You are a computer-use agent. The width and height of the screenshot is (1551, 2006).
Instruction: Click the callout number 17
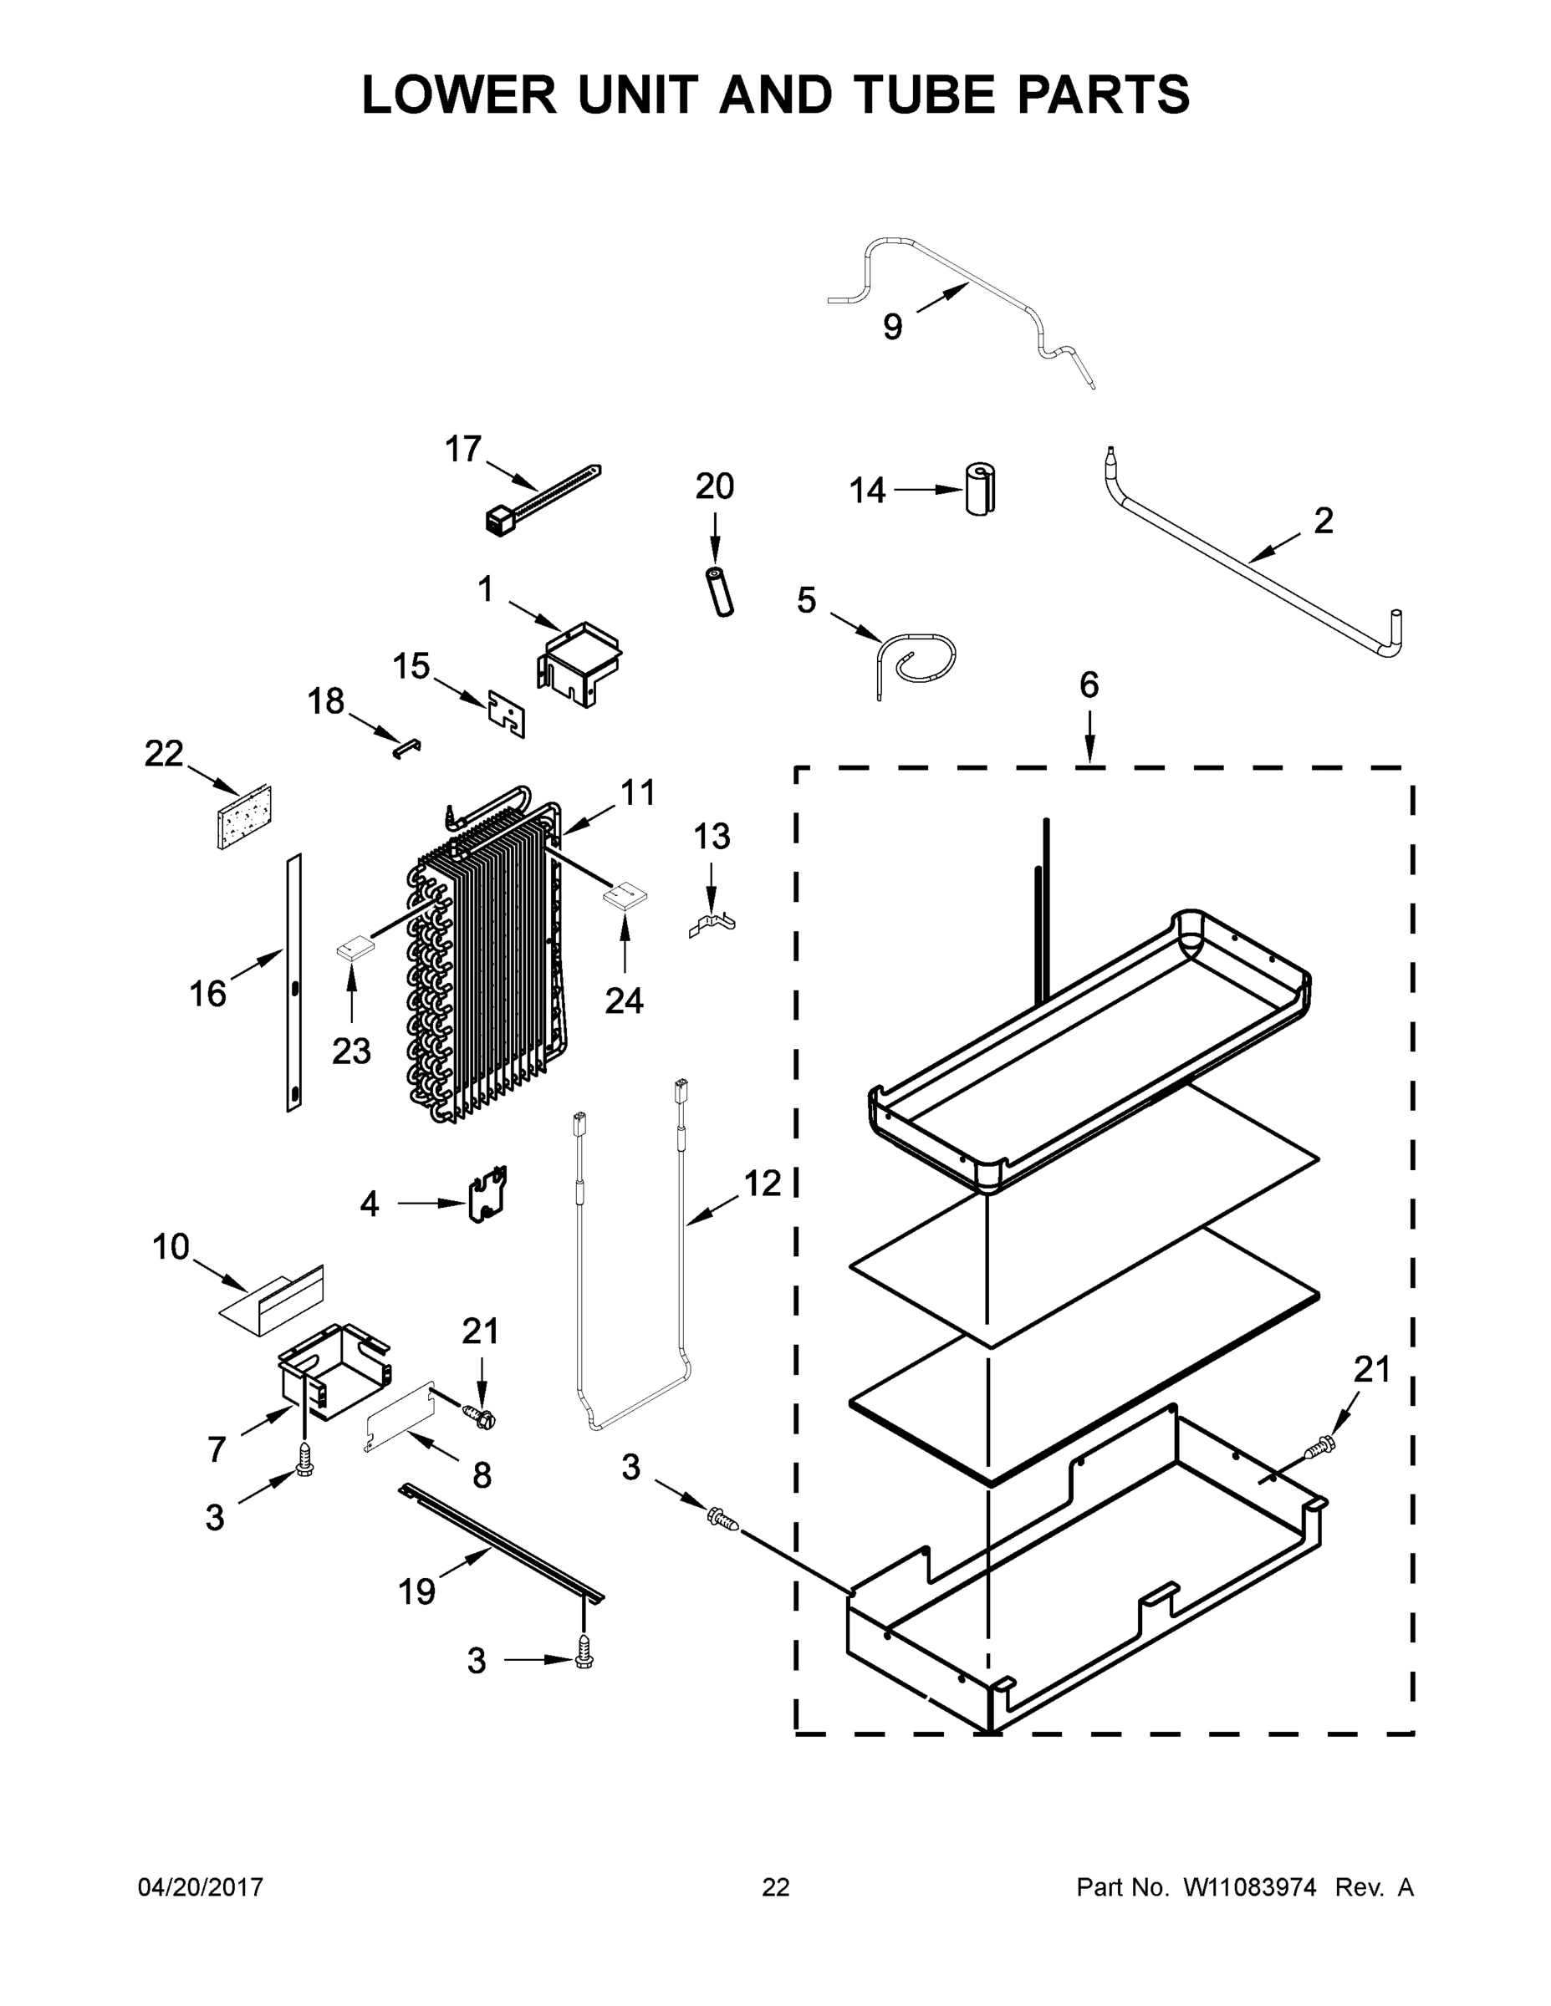pyautogui.click(x=462, y=449)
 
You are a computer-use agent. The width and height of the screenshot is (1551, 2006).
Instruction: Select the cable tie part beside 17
pyautogui.click(x=542, y=499)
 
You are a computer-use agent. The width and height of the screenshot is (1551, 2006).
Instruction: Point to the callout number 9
pyautogui.click(x=892, y=326)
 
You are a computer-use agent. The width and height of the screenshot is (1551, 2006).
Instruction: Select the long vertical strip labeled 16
pyautogui.click(x=294, y=983)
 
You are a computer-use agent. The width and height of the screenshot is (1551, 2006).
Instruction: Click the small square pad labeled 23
pyautogui.click(x=354, y=947)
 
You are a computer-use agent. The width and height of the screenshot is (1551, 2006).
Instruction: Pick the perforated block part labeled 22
pyautogui.click(x=244, y=817)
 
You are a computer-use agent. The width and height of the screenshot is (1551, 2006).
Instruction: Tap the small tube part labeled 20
pyautogui.click(x=719, y=592)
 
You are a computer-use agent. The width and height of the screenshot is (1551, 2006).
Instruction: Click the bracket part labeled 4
pyautogui.click(x=489, y=1195)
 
